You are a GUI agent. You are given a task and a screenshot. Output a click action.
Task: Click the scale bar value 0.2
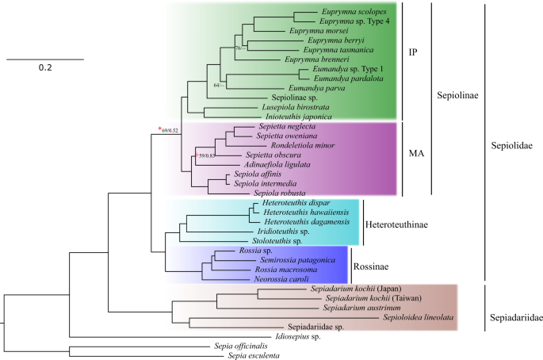[45, 68]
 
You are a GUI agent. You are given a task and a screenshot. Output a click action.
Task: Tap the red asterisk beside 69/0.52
[159, 128]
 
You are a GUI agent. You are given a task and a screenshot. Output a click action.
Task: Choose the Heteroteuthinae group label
[397, 224]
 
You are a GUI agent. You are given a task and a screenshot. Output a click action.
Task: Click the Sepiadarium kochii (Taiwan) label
[350, 298]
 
